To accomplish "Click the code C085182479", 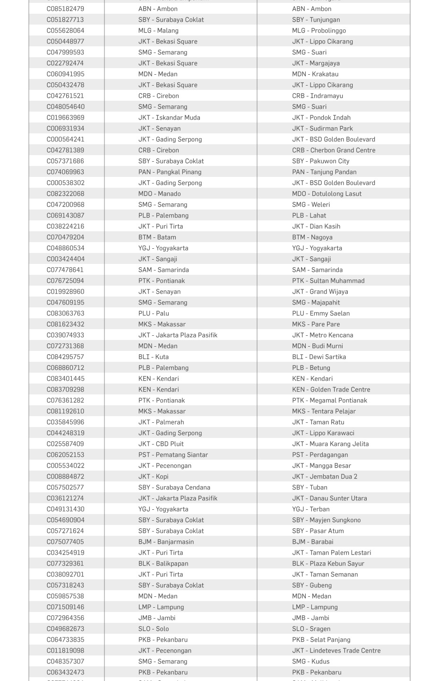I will click(65, 9).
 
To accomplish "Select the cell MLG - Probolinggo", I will click(318, 31).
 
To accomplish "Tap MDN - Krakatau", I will click(315, 74).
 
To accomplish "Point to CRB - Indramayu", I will click(317, 96).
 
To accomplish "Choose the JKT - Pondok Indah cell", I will click(321, 118).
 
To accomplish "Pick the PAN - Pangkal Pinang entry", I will click(170, 172).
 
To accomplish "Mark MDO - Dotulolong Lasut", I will click(327, 194).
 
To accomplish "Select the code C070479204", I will click(65, 237).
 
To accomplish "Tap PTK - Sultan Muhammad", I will click(328, 281).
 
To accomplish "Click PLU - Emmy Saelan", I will click(320, 314).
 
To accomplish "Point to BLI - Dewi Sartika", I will click(318, 357).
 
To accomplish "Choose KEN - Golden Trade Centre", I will click(331, 390).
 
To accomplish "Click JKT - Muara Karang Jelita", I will click(330, 444).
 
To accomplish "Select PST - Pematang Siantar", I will click(173, 455).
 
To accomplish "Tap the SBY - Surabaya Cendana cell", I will click(174, 488).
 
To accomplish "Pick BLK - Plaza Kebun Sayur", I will click(328, 564).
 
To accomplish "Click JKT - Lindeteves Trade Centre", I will click(336, 651).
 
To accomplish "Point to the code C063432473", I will click(65, 672).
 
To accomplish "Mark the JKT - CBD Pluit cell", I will click(161, 444).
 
